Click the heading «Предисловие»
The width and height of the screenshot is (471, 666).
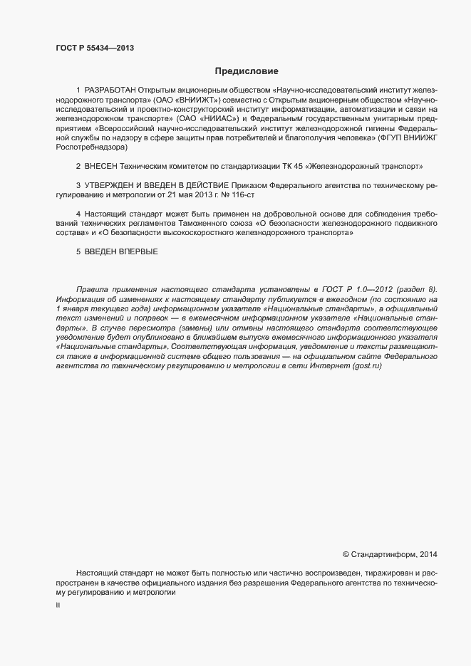(247, 71)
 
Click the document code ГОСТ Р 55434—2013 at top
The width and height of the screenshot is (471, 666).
(95, 48)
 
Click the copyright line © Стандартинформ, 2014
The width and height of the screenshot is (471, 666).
(390, 554)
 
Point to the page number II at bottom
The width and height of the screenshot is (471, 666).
(58, 605)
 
